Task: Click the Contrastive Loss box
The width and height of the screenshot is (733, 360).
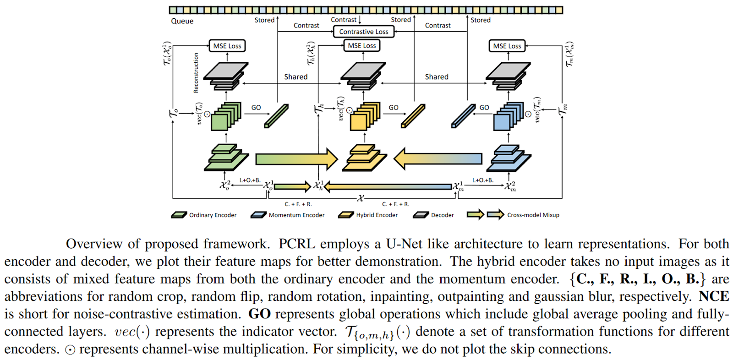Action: click(363, 32)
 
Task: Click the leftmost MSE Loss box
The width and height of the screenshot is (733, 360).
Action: click(227, 46)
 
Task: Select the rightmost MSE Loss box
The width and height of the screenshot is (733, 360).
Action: click(507, 46)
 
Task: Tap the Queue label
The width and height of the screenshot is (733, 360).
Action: click(182, 21)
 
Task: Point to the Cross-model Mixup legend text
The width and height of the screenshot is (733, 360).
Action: click(533, 215)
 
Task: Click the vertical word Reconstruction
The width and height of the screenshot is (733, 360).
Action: click(196, 73)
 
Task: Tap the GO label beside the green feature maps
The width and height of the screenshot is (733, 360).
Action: click(256, 108)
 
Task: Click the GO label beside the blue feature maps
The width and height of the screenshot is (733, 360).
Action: click(484, 108)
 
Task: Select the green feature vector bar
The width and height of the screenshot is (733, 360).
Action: click(276, 116)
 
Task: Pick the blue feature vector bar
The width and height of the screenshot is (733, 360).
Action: click(463, 116)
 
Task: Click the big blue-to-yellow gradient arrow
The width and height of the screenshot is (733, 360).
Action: click(438, 159)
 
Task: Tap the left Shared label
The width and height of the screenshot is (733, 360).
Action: click(295, 77)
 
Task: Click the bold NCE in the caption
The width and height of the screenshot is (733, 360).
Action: click(714, 296)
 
